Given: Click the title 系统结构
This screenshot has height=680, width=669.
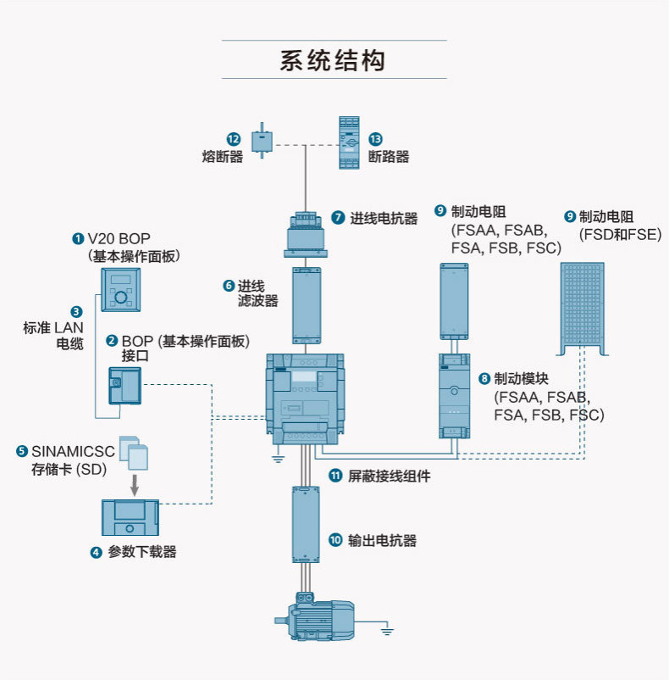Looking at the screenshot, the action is (x=333, y=60).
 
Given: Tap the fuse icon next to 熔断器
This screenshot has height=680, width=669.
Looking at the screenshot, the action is (x=262, y=141).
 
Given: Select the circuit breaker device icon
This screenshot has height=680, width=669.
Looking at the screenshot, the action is (x=349, y=142).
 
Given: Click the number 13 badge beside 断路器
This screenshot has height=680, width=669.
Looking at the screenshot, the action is (x=375, y=139).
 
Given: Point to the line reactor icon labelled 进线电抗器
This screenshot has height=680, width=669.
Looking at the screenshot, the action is (x=306, y=234).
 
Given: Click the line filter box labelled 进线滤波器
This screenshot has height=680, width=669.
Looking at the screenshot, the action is (x=307, y=306).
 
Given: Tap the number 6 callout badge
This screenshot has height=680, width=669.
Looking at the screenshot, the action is (x=229, y=286).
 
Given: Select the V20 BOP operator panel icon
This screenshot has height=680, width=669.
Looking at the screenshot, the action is (x=121, y=290).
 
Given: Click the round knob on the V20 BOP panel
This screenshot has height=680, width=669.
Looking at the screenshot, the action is (x=121, y=298).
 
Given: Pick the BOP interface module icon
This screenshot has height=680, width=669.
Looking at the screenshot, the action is (x=124, y=386).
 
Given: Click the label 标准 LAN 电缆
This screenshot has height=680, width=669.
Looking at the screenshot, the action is (x=53, y=336).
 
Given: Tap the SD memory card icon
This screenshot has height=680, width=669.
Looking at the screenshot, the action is (x=134, y=453).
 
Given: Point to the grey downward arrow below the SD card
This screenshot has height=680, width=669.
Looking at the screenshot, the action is (x=135, y=485).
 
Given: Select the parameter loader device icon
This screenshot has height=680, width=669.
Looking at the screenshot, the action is (x=130, y=518).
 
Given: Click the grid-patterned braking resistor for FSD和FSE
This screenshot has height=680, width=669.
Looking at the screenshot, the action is (x=583, y=309).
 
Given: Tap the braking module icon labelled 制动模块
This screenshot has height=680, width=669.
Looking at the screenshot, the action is (x=454, y=395).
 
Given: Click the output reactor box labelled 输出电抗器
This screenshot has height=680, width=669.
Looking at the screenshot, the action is (x=306, y=525).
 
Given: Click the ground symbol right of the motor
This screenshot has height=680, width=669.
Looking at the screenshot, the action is (x=387, y=631).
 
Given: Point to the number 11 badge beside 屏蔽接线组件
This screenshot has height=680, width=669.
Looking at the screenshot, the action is (x=335, y=476).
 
